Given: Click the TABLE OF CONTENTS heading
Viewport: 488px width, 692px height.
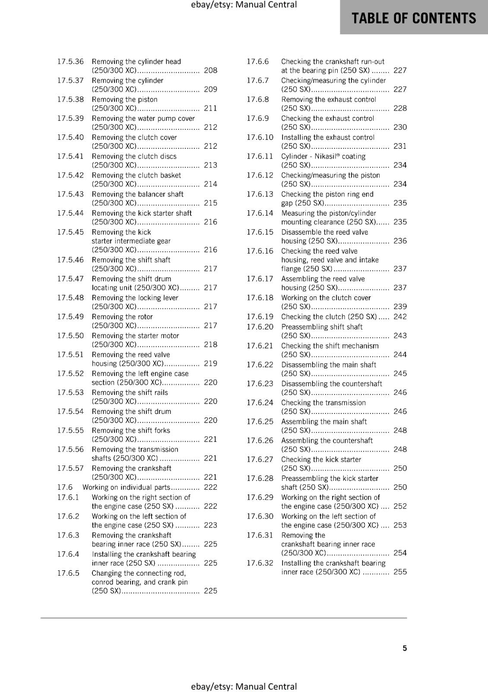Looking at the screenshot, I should tap(414, 18).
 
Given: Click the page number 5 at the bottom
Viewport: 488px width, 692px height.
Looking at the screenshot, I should tap(405, 648).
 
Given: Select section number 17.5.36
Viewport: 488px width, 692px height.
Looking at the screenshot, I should tap(70, 61).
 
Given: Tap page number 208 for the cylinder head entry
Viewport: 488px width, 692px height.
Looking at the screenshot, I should tap(210, 70).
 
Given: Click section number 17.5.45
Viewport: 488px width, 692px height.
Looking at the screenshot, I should tap(70, 232).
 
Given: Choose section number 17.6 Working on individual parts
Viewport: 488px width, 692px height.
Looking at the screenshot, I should tap(65, 487).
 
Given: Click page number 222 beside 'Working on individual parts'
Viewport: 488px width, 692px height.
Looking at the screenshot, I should tap(210, 487).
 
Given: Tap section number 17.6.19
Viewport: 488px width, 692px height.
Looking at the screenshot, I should tap(260, 317).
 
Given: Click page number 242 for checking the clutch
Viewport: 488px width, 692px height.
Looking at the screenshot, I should tap(400, 317).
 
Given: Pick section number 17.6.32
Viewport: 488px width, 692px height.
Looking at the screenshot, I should tap(260, 563).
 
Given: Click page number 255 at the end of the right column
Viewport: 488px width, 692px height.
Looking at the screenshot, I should tap(400, 572).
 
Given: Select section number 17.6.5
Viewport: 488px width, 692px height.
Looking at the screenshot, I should tap(68, 573).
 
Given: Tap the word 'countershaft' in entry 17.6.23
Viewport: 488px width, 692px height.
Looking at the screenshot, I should tap(361, 384).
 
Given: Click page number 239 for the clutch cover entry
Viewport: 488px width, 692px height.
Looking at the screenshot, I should tap(400, 307).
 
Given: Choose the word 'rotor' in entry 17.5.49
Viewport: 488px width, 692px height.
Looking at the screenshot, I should tap(145, 317).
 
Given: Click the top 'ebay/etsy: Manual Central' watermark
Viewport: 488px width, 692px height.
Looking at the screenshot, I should tap(244, 5).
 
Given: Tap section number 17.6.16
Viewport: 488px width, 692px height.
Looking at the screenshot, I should tap(260, 251).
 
